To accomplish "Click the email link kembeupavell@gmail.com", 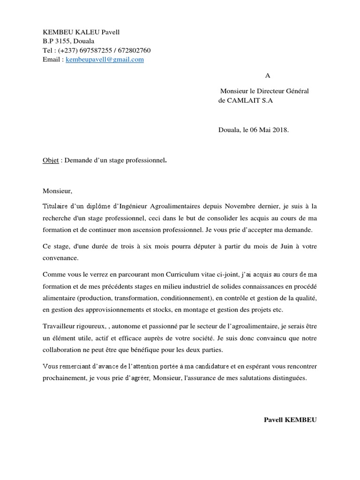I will (105, 60).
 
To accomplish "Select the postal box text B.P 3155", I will (56, 41).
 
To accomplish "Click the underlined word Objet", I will (51, 160).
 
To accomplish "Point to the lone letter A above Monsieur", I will (268, 75).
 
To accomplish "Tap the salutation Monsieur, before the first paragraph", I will (58, 191).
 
